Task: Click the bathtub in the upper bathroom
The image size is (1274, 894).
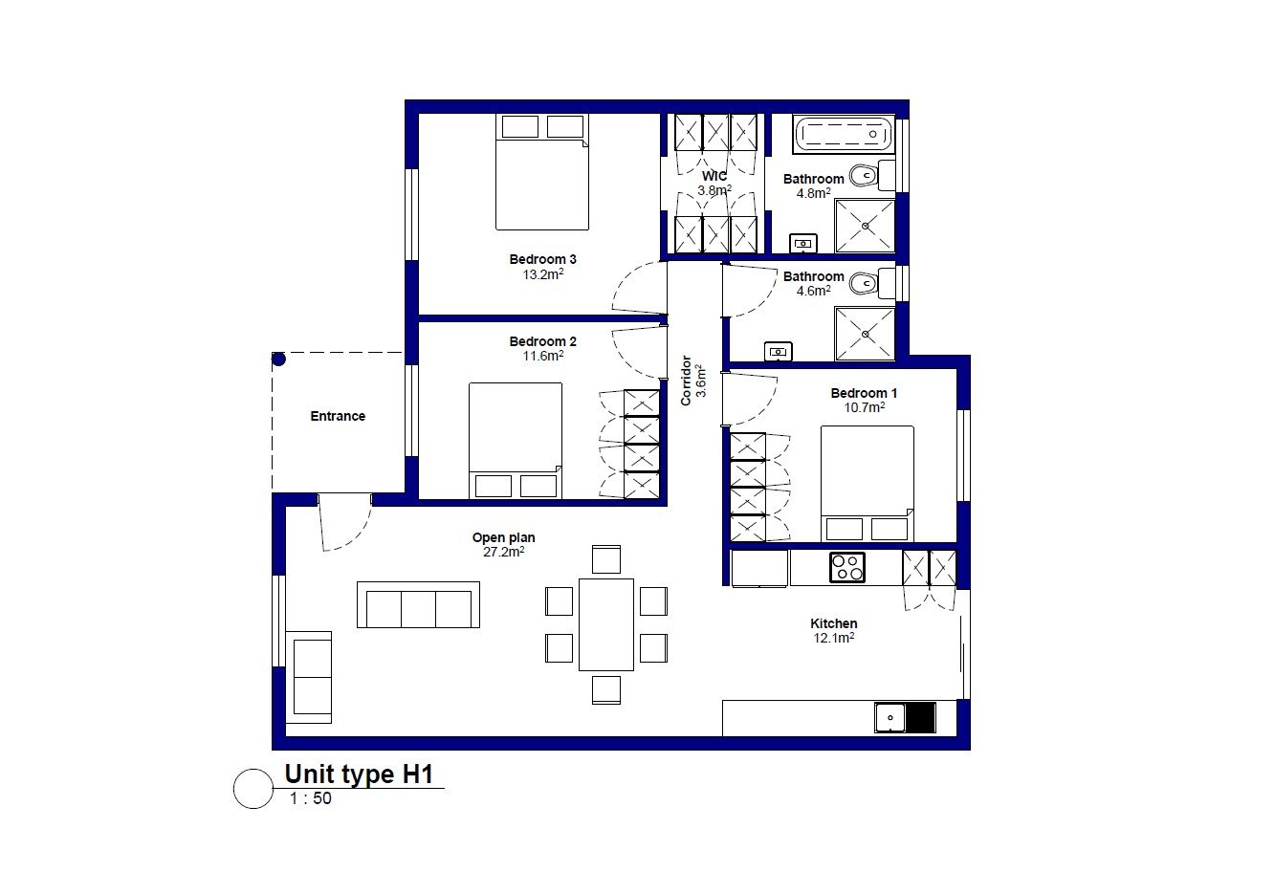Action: click(844, 134)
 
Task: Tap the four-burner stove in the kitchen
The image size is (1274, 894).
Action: click(846, 567)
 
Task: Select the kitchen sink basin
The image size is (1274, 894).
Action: click(890, 717)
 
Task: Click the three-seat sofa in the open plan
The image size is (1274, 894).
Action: click(418, 604)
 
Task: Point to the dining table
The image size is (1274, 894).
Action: click(606, 624)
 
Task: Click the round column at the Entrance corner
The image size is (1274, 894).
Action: click(278, 359)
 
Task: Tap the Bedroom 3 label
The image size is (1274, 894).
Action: click(542, 259)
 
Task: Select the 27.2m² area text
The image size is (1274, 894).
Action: click(504, 552)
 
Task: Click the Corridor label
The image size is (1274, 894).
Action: click(686, 381)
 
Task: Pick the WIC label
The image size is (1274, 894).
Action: click(714, 176)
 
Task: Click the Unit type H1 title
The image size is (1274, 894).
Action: click(359, 774)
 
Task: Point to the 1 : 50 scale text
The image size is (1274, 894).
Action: click(311, 798)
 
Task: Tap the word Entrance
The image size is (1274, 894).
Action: click(338, 416)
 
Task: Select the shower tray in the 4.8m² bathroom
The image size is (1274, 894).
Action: click(865, 226)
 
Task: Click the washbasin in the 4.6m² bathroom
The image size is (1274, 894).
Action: click(778, 352)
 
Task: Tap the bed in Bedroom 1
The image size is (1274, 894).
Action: click(868, 484)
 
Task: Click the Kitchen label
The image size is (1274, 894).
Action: click(834, 623)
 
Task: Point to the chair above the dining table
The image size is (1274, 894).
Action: click(606, 559)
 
